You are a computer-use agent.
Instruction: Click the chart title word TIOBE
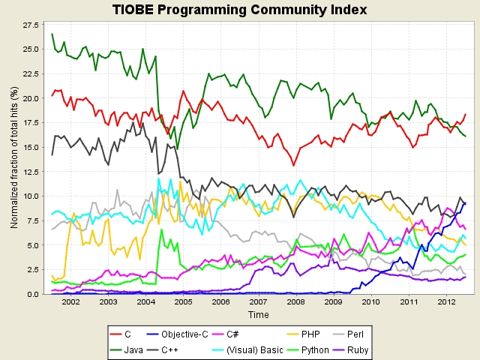133,10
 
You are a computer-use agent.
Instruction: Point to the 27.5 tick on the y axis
31,25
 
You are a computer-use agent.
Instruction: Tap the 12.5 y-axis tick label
31,172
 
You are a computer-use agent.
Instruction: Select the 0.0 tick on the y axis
33,295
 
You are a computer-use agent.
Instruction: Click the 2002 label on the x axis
70,302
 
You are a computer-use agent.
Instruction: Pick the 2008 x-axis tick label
296,302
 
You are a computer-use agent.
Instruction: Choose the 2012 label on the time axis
446,302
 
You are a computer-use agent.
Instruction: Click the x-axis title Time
258,315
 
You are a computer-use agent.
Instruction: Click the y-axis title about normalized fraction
14,157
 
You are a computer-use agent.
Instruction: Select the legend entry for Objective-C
177,334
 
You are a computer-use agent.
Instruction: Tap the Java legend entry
127,350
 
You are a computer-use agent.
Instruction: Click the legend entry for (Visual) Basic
247,350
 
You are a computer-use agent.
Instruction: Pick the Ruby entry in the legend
350,350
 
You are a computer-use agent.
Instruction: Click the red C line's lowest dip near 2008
293,166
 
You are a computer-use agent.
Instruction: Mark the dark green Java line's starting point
52,34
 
